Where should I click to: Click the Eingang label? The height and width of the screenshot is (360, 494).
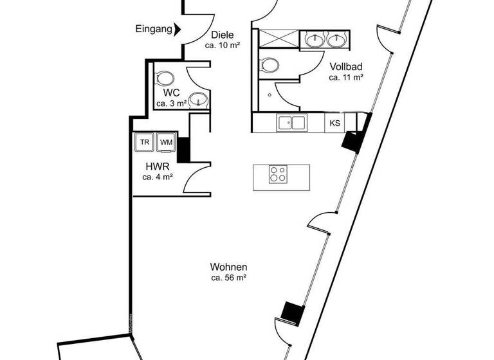[x=154, y=29]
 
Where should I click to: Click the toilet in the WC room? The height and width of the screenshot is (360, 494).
[x=165, y=78]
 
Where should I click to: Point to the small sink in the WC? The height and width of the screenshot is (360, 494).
[x=200, y=100]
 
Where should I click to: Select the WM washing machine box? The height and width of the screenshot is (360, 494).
[x=166, y=142]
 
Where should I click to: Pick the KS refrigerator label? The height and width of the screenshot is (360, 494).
[x=334, y=123]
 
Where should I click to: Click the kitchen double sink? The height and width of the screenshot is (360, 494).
[x=291, y=122]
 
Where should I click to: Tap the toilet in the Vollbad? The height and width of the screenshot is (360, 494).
[x=269, y=64]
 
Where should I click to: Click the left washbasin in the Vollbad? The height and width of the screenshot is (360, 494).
[x=315, y=40]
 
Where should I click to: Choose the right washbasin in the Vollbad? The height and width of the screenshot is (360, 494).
[x=336, y=40]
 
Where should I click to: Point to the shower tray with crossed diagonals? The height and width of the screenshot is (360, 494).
[x=278, y=37]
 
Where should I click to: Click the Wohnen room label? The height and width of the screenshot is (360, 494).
[x=228, y=267]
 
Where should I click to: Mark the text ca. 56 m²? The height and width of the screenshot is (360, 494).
[x=228, y=278]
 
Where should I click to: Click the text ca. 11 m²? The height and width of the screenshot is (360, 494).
[x=346, y=77]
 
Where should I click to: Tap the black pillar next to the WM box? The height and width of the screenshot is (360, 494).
[x=183, y=149]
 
